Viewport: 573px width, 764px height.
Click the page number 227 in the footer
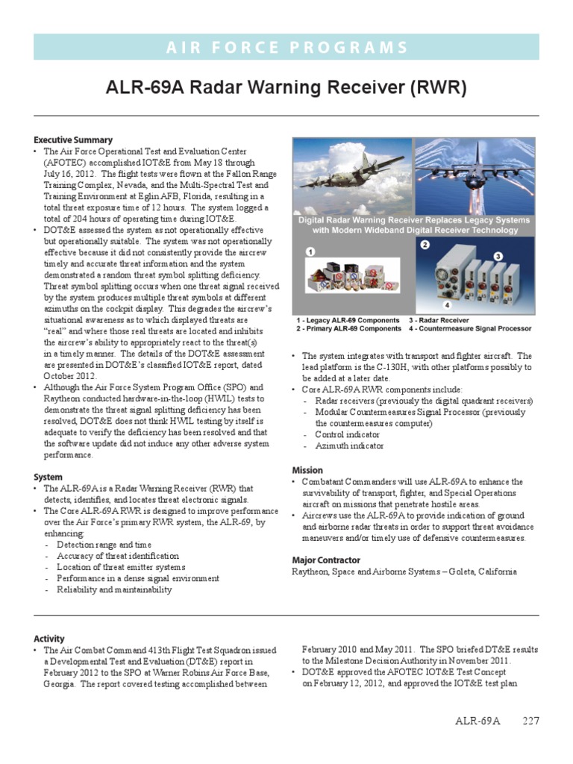point(530,721)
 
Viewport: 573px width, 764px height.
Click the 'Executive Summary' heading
point(73,140)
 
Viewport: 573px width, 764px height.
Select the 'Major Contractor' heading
point(325,560)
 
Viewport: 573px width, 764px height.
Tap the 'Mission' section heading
point(307,470)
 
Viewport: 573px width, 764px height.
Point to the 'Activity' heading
point(49,639)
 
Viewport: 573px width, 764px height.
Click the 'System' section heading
point(48,477)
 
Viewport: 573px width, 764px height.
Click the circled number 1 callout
point(308,253)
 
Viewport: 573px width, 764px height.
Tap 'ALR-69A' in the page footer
point(477,721)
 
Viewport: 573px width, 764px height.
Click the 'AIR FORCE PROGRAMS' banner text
point(286,48)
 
